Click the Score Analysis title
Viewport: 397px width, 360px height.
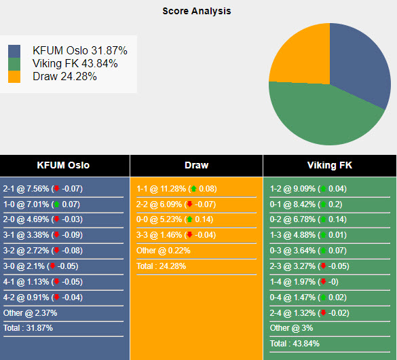point(197,11)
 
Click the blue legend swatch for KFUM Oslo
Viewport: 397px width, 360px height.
point(14,51)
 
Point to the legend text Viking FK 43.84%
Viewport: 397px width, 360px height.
point(75,63)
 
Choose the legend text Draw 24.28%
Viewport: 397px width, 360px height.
point(64,76)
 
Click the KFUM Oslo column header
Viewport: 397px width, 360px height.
point(63,165)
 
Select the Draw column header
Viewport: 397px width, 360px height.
point(197,165)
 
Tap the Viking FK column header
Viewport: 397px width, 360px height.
point(330,165)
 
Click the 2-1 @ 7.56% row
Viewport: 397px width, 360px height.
point(43,189)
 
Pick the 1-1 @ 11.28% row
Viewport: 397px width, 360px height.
point(176,189)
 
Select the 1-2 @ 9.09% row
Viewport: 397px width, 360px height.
point(308,189)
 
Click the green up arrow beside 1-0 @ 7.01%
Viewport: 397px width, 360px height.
point(57,204)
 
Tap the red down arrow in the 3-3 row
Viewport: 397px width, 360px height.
point(189,234)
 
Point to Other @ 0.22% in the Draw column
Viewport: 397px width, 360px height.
point(164,251)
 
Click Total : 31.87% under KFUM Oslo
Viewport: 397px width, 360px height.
point(28,328)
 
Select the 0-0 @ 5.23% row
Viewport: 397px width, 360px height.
point(174,219)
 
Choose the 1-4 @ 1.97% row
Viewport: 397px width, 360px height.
point(304,282)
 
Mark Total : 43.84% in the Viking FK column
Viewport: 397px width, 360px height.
point(295,344)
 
